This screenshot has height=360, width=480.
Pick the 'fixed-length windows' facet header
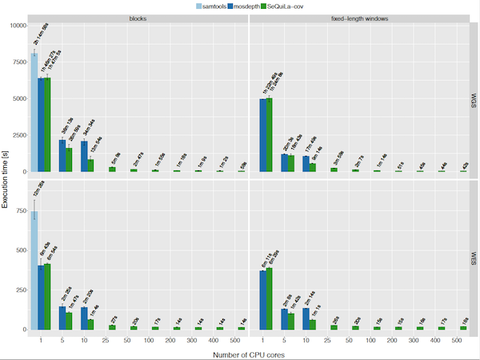pyautogui.click(x=359, y=18)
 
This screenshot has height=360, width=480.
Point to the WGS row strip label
pyautogui.click(x=474, y=100)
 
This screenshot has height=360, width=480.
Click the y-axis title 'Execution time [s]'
pyautogui.click(x=6, y=179)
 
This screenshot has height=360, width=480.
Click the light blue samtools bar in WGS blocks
pyautogui.click(x=34, y=113)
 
